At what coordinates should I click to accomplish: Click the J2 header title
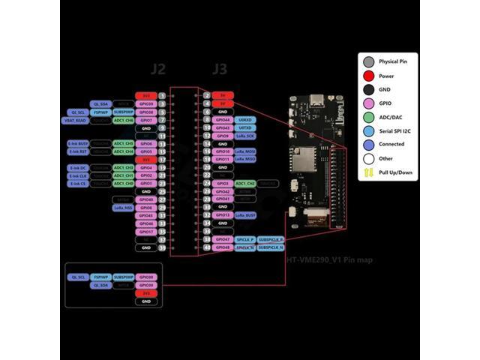(x=157, y=70)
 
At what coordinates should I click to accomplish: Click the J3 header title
(x=219, y=70)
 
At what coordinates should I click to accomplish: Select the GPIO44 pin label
(x=222, y=119)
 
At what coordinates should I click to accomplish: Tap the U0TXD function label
(x=244, y=127)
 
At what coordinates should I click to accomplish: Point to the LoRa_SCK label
(x=245, y=136)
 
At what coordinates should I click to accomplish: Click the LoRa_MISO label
(x=245, y=159)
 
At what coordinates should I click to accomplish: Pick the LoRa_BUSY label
(x=245, y=215)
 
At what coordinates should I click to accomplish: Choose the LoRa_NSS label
(x=123, y=207)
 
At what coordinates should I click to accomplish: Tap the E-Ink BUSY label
(x=79, y=143)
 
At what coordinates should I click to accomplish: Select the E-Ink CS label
(x=79, y=183)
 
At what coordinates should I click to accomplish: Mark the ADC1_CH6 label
(x=123, y=120)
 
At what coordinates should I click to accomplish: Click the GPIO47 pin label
(x=222, y=239)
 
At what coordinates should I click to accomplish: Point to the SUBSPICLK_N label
(x=271, y=247)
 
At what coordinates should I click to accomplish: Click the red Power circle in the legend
(x=368, y=75)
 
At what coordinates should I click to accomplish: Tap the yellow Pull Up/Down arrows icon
(x=368, y=172)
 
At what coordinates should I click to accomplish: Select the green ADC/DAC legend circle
(x=368, y=116)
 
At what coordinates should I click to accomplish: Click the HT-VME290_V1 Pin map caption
(x=329, y=260)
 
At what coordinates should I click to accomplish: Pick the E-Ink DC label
(x=79, y=167)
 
